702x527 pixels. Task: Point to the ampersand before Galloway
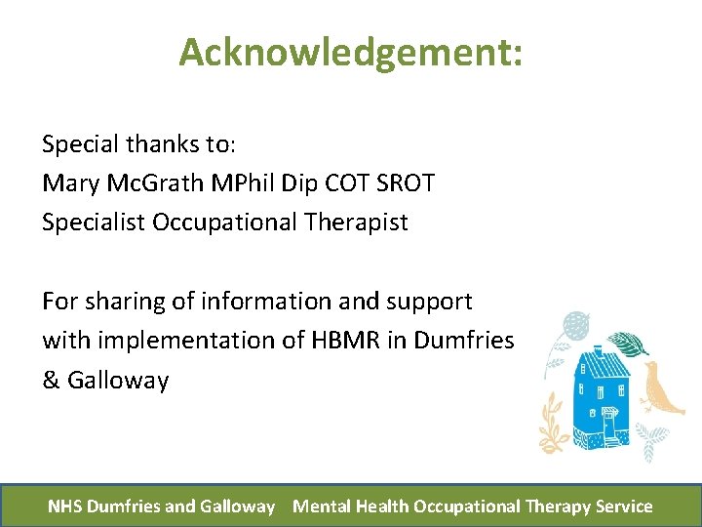pos(51,380)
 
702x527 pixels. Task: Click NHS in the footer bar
pos(65,507)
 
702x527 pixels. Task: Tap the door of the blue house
pos(610,426)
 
